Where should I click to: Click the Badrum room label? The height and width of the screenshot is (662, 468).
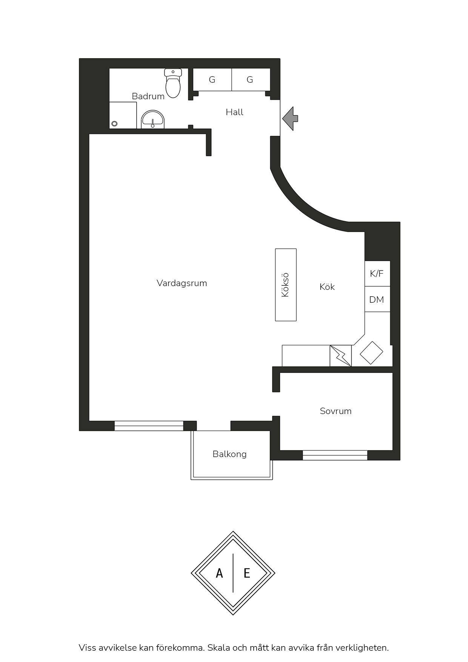coord(148,96)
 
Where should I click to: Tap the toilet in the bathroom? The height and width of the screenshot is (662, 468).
coord(173,83)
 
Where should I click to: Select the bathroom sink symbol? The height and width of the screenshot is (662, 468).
coord(153,120)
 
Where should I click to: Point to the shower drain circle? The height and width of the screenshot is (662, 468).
coord(114,123)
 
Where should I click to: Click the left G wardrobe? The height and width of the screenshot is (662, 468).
coord(212,80)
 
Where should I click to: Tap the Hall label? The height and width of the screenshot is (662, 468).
coord(234,112)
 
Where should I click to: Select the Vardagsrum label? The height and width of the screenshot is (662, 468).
coord(182,283)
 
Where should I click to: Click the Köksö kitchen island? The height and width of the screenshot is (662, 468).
coord(286,285)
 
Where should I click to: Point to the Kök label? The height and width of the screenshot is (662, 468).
coord(327,287)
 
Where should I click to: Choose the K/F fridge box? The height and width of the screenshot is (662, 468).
coord(377,274)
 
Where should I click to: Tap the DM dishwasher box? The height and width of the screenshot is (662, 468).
coord(377,299)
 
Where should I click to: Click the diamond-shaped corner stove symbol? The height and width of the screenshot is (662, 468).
coord(371,353)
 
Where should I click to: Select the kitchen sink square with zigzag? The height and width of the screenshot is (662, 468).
coord(341,356)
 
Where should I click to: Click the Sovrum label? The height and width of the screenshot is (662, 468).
coord(336,411)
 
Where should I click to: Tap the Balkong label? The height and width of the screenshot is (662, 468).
coord(229,454)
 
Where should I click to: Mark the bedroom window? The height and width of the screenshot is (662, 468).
coord(335,455)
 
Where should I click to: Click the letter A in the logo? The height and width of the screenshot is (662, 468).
coord(219,573)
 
